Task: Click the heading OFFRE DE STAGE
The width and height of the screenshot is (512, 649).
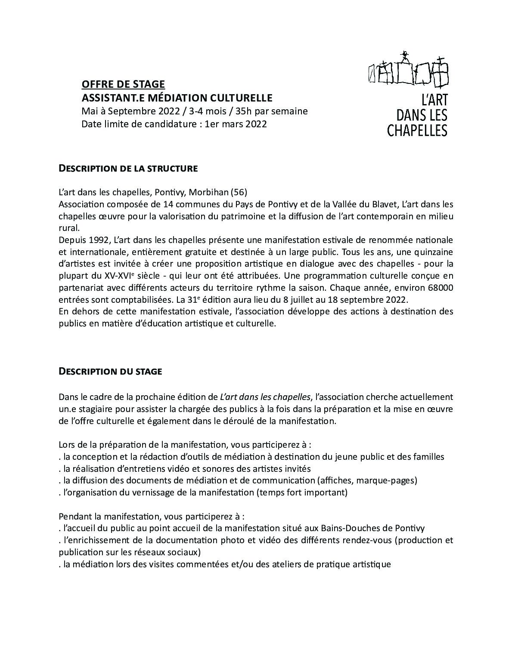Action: tap(123, 84)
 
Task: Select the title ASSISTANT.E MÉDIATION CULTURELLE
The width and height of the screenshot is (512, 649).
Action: tap(177, 98)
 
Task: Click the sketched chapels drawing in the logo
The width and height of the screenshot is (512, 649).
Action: tap(409, 70)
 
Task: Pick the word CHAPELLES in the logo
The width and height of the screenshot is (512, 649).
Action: tap(417, 130)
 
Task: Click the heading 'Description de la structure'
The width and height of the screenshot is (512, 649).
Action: tap(128, 169)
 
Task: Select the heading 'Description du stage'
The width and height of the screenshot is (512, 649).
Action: tap(110, 371)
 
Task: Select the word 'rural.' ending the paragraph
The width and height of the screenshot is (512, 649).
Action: tap(69, 228)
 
